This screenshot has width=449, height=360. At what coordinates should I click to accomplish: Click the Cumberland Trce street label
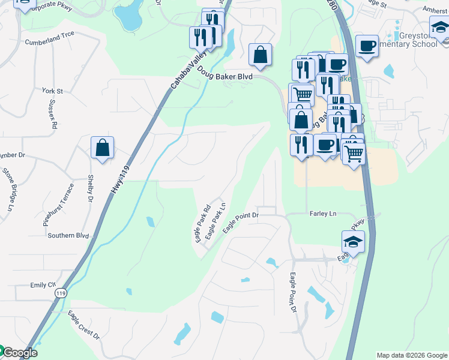coord(50,42)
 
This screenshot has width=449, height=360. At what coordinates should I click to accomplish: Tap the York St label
coord(53,91)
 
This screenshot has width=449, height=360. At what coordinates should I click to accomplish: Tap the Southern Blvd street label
coord(68,236)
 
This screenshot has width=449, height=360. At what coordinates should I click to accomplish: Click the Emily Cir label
coord(43,284)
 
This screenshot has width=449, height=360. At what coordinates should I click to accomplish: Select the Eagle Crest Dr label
coord(83,325)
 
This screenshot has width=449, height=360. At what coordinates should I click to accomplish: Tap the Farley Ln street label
coord(321,214)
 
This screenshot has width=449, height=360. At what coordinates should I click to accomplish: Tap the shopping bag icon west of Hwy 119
coord(103,148)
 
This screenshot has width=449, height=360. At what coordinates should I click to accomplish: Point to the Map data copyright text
coord(412,355)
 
